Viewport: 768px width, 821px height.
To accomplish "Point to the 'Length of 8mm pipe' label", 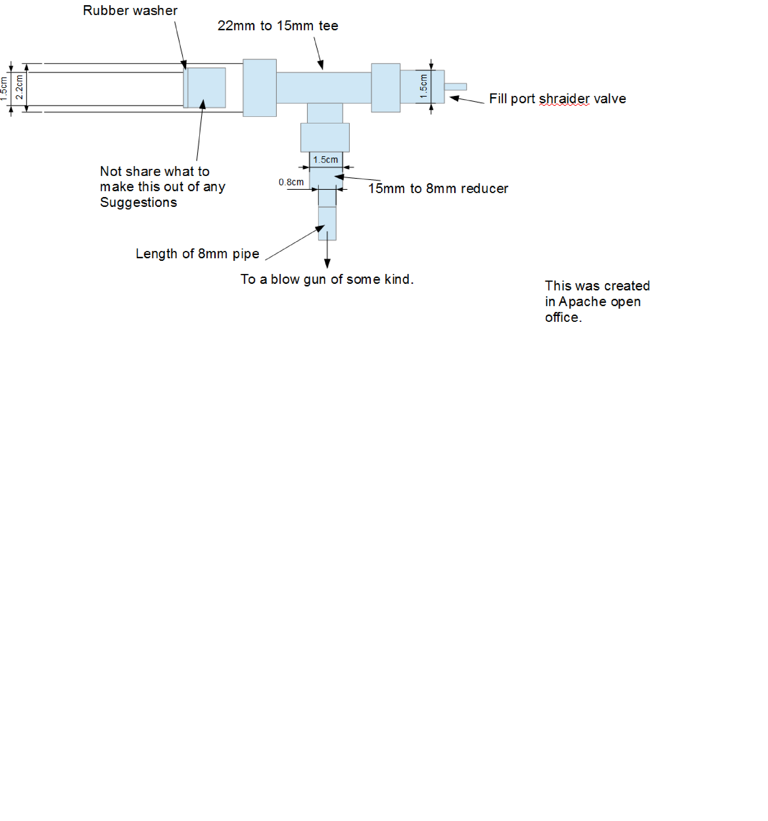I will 197,254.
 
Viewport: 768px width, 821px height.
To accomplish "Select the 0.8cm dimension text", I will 291,182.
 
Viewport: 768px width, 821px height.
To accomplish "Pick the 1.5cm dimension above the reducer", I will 325,160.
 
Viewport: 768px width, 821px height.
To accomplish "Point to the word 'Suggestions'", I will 138,202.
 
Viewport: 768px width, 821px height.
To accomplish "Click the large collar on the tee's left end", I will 260,88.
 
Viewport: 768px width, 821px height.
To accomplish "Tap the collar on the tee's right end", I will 385,88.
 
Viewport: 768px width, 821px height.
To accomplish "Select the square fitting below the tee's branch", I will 325,137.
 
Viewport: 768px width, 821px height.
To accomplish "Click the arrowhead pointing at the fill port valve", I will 454,98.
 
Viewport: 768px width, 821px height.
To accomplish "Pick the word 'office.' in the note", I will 563,318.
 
